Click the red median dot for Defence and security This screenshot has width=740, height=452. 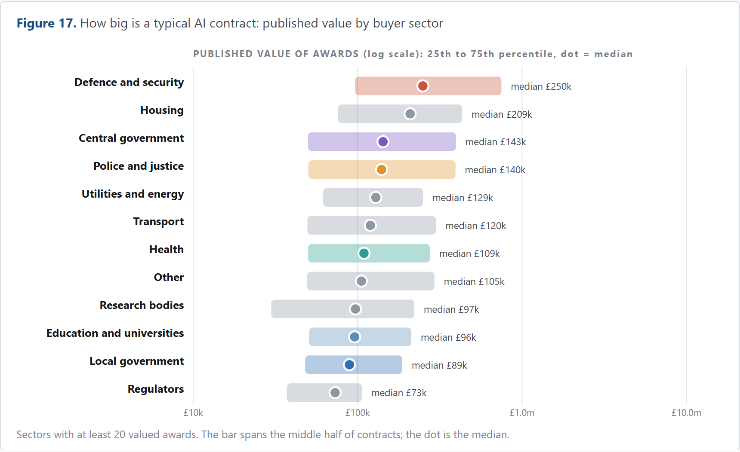[423, 86]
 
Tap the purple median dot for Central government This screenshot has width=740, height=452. [383, 142]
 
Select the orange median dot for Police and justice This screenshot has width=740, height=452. [382, 170]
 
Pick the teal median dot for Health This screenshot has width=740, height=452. [364, 253]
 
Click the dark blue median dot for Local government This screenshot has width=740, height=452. [349, 365]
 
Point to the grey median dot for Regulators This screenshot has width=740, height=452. [335, 393]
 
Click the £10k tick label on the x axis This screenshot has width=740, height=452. [193, 413]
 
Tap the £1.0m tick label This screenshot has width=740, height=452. [522, 413]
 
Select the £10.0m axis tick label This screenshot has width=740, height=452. [686, 413]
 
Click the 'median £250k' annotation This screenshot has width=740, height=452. [541, 86]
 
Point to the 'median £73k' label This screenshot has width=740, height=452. [399, 393]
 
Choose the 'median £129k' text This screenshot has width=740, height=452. [462, 198]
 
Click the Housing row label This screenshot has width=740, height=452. [162, 110]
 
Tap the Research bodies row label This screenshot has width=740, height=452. [142, 305]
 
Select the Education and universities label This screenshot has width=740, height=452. [115, 333]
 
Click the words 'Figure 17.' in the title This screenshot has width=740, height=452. [46, 23]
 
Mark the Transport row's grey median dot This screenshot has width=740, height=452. [370, 225]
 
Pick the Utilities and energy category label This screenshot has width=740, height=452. [133, 194]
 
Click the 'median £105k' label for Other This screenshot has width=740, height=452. [474, 281]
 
